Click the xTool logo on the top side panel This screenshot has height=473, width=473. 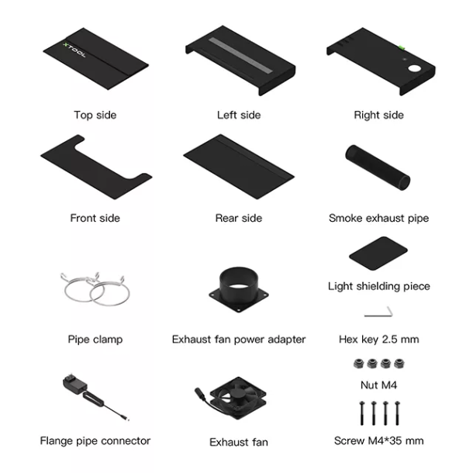74,50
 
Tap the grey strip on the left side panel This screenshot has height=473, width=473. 240,55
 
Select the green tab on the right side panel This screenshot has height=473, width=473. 402,47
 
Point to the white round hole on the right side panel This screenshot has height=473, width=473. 414,68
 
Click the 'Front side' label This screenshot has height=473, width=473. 95,218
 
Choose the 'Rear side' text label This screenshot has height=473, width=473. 239,218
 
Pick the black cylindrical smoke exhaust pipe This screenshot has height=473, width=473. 378,167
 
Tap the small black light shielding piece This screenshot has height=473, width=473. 378,254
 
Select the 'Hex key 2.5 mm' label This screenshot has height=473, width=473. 379,339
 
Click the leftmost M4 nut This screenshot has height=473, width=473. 358,364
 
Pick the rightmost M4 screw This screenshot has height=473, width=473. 397,413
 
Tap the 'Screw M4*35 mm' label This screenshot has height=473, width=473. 379,440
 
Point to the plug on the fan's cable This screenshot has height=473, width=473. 200,393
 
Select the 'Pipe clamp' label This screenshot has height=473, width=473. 95,340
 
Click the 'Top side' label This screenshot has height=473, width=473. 95,115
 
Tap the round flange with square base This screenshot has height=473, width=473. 239,289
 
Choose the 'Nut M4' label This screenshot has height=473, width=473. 379,385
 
